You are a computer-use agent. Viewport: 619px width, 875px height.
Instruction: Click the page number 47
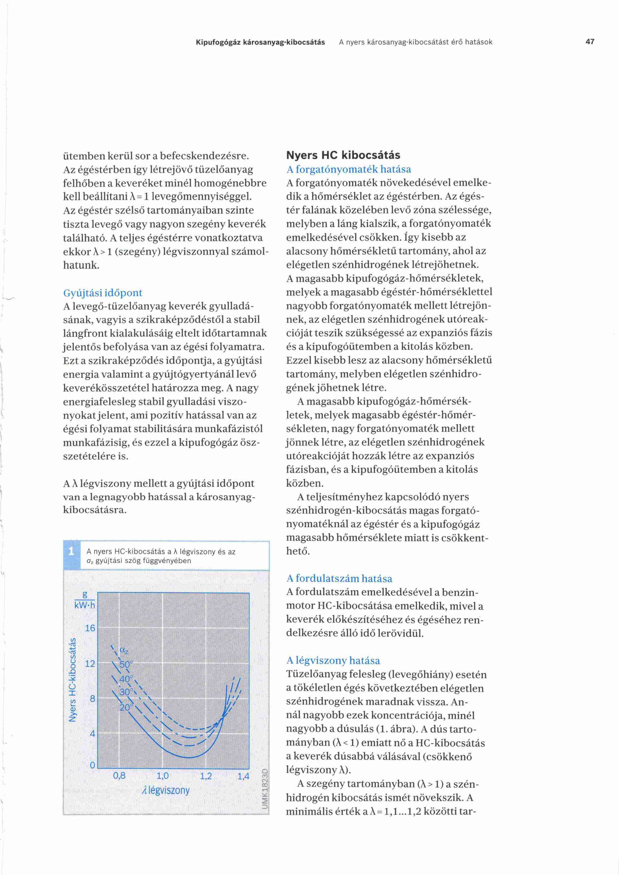[x=590, y=42]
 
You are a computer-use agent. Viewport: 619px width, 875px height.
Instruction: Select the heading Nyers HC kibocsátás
[x=343, y=155]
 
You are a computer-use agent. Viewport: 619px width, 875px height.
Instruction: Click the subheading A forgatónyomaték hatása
[x=348, y=169]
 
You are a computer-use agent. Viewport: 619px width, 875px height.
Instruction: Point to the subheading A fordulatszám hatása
[x=339, y=579]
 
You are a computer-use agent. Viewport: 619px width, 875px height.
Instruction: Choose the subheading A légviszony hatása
[x=333, y=660]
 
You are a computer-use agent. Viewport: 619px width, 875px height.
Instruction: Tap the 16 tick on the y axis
[x=90, y=628]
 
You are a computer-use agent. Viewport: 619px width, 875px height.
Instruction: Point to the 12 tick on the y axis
[x=90, y=663]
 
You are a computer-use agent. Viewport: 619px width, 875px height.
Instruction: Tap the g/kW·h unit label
[x=85, y=600]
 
